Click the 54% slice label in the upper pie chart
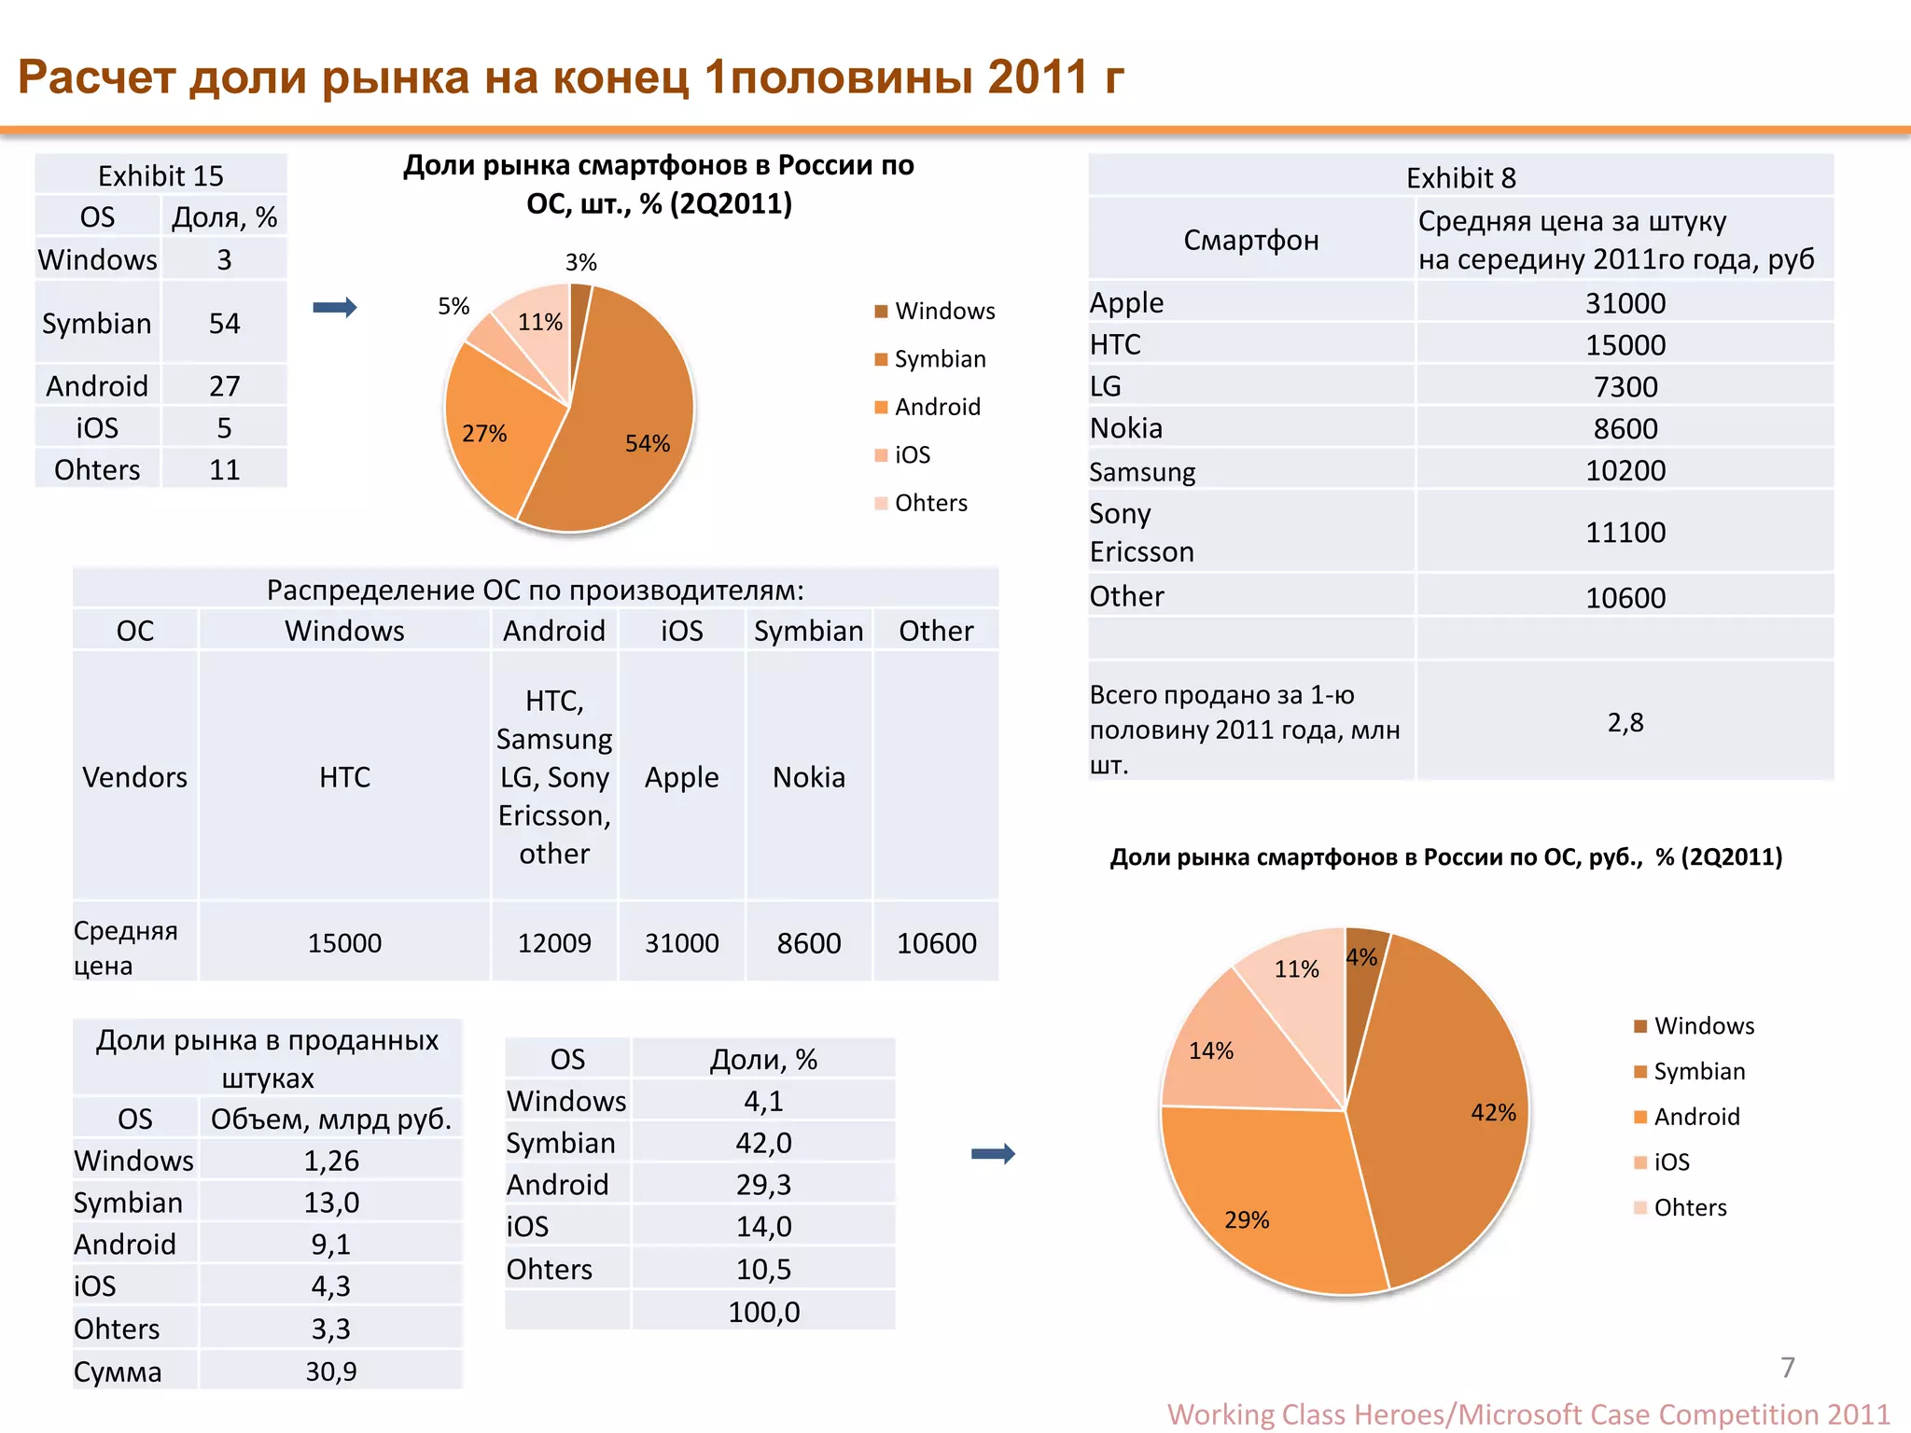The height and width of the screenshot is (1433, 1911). coord(648,443)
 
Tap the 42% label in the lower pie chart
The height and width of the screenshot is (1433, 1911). coord(1493,1112)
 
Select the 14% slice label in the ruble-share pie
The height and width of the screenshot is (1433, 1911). coord(1211,1050)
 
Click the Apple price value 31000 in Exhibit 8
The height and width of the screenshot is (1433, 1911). coord(1625,303)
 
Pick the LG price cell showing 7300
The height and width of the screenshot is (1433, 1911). coord(1625,387)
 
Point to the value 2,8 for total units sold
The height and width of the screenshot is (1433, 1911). coord(1625,722)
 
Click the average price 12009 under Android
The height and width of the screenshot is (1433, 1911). coord(554,943)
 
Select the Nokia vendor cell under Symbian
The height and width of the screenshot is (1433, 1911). coord(809,777)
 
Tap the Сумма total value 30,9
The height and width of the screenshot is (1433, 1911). coord(331,1371)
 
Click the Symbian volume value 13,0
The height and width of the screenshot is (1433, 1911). coord(331,1203)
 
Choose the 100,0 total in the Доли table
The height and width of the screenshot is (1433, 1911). coord(763,1313)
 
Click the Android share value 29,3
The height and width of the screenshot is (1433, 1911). coord(763,1185)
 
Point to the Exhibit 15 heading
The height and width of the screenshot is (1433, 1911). coord(160,176)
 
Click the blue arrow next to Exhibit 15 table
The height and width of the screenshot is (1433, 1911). coord(335,307)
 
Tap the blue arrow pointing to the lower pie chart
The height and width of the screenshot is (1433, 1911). coord(993,1154)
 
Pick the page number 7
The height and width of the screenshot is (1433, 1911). coord(1788,1368)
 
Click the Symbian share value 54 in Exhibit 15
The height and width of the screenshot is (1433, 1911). coord(225,324)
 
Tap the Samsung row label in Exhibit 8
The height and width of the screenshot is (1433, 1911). coord(1142,472)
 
